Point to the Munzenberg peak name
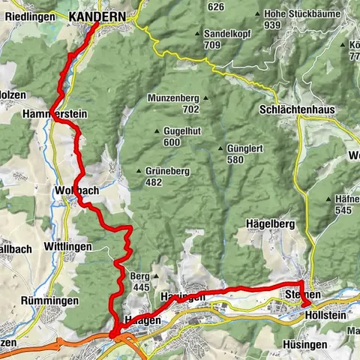[x=174, y=98]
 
